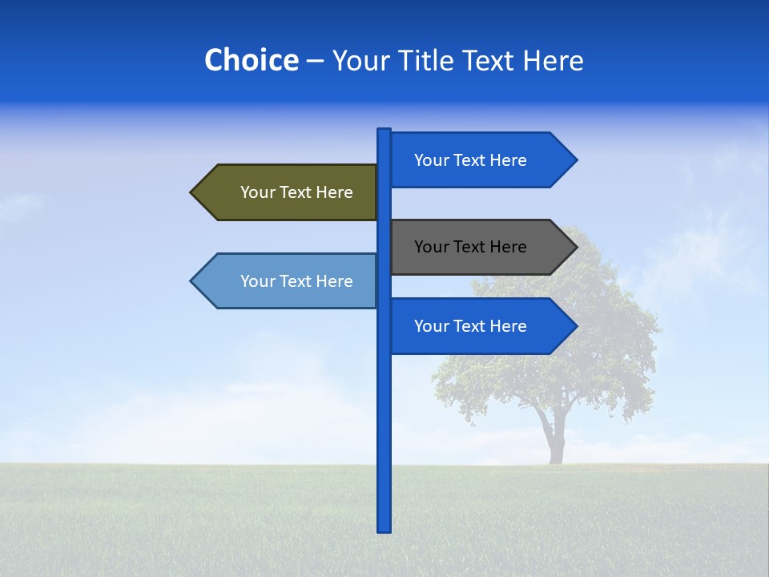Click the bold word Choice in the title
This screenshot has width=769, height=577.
(251, 61)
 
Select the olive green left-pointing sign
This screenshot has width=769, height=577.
(288, 192)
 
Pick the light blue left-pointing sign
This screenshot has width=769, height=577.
(288, 281)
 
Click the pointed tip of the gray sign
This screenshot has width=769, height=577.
(575, 247)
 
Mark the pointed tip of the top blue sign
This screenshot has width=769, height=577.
(575, 160)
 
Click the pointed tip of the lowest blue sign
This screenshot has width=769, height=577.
(575, 326)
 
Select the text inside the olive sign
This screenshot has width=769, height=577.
(296, 192)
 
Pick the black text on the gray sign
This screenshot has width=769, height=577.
(470, 247)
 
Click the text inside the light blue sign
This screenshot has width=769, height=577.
(296, 281)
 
